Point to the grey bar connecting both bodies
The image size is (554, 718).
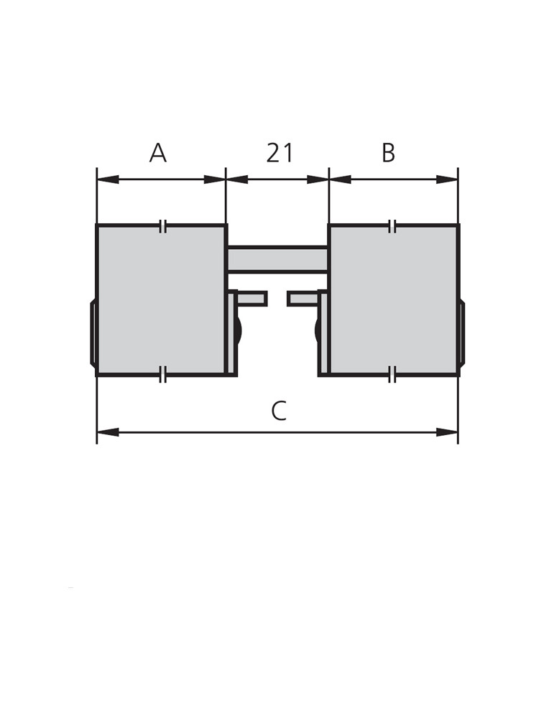tap(277, 260)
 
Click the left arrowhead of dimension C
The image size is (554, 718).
tap(109, 432)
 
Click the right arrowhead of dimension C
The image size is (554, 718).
tap(447, 432)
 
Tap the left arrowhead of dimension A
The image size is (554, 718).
tap(109, 179)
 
